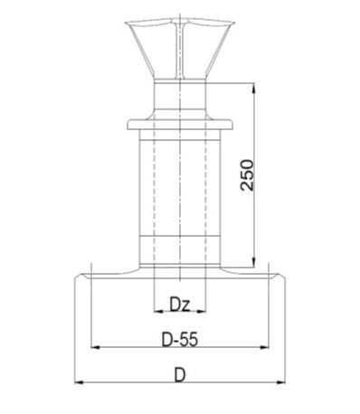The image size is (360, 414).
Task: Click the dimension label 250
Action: (247, 175)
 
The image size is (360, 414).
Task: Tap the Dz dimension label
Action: (180, 305)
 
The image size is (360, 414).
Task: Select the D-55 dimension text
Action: (180, 340)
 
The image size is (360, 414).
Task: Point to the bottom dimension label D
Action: (180, 375)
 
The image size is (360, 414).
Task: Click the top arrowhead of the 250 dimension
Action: (254, 87)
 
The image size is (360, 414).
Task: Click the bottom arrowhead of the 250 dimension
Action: (254, 263)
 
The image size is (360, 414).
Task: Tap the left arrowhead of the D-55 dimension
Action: (95, 347)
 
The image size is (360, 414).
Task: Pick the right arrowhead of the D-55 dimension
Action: (264, 347)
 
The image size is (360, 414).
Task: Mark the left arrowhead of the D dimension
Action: (79, 382)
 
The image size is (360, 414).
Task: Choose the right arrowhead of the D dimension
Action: (280, 382)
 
